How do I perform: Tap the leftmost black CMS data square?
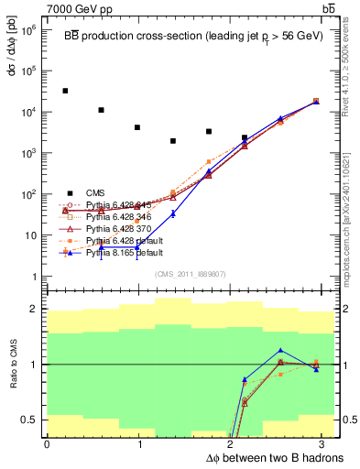tap(65, 91)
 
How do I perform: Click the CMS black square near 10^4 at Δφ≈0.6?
tap(101, 110)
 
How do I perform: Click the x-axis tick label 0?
tap(47, 444)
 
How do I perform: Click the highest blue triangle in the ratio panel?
tap(280, 350)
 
